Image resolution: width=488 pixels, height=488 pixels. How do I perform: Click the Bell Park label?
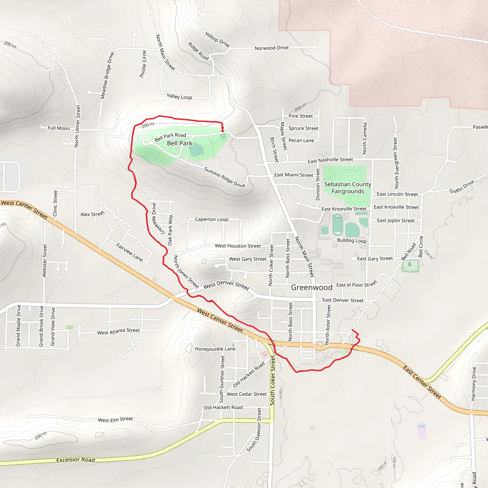pyautogui.click(x=180, y=143)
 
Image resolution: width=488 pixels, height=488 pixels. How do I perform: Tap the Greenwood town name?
pyautogui.click(x=311, y=287)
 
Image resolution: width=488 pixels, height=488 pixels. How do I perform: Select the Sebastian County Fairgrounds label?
pyautogui.click(x=348, y=188)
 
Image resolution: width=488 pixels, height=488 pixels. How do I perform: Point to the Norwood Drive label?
pyautogui.click(x=272, y=48)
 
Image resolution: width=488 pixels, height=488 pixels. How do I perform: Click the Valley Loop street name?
pyautogui.click(x=179, y=97)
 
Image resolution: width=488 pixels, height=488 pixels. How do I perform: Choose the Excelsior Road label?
pyautogui.click(x=76, y=460)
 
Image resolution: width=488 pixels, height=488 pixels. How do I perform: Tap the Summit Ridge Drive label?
pyautogui.click(x=224, y=177)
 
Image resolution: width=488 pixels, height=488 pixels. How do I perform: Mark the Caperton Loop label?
pyautogui.click(x=211, y=219)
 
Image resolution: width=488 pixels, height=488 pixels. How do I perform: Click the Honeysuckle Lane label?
pyautogui.click(x=215, y=349)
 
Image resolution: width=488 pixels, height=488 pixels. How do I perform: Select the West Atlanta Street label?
pyautogui.click(x=118, y=331)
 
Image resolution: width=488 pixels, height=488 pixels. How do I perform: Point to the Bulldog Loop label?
pyautogui.click(x=352, y=240)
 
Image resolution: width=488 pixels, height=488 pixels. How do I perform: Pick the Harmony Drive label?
pyautogui.click(x=474, y=384)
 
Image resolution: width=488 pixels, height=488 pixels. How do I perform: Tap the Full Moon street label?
pyautogui.click(x=59, y=128)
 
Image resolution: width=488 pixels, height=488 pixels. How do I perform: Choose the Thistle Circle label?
pyautogui.click(x=143, y=64)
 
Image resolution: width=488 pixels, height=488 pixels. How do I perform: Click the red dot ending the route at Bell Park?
pyautogui.click(x=223, y=131)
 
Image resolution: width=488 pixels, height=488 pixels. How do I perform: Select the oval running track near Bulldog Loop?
pyautogui.click(x=337, y=224)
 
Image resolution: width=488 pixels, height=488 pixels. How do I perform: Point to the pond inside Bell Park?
pyautogui.click(x=197, y=150)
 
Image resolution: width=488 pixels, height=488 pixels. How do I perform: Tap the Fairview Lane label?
pyautogui.click(x=129, y=252)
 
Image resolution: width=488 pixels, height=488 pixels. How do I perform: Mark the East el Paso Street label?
pyautogui.click(x=356, y=285)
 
